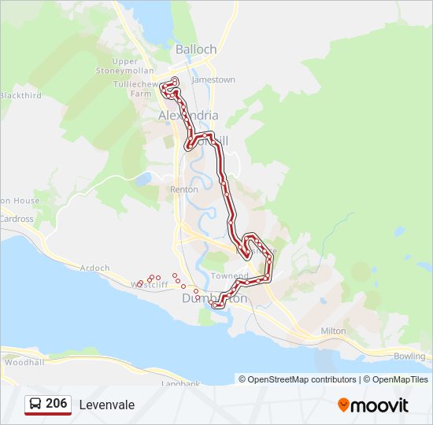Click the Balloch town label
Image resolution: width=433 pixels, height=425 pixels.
click(195, 49)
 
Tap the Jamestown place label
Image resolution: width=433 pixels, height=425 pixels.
click(213, 79)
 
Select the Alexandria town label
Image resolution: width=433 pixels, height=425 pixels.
click(188, 115)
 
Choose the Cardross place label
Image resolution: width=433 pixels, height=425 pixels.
click(17, 219)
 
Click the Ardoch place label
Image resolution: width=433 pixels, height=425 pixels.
click(94, 268)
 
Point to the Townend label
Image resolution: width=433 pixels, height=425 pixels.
click(229, 276)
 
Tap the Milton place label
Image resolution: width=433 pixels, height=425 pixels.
click(333, 331)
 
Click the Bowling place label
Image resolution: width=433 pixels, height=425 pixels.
click(409, 357)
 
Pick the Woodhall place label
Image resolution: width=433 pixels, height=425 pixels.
click(24, 363)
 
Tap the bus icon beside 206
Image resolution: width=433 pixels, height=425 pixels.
click(35, 404)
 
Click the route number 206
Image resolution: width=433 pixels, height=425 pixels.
click(56, 404)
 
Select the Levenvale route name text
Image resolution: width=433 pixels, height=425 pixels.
click(106, 405)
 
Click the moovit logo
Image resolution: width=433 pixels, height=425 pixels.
click(373, 405)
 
